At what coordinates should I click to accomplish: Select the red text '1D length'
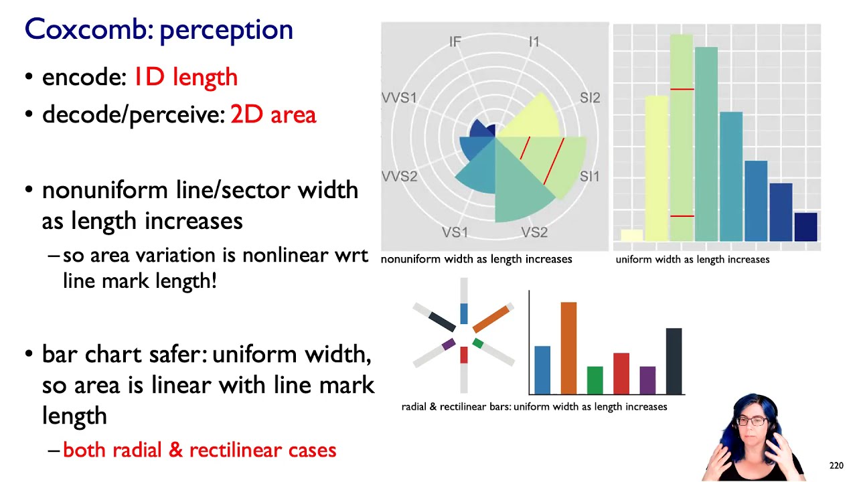(x=185, y=77)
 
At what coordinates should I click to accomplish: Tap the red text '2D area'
(x=272, y=115)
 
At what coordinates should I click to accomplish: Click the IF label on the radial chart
(x=455, y=42)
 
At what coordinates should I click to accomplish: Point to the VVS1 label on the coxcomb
(x=399, y=98)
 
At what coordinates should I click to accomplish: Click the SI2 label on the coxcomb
(x=590, y=98)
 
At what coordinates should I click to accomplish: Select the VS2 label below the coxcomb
(x=534, y=232)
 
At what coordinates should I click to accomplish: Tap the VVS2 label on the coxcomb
(x=400, y=177)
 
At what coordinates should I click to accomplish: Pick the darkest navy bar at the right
(x=805, y=226)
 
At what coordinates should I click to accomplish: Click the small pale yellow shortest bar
(x=631, y=235)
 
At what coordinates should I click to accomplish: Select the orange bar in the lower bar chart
(x=568, y=348)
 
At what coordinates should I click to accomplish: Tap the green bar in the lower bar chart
(x=595, y=380)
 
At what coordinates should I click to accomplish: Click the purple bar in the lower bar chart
(x=647, y=380)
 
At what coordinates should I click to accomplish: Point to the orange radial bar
(x=491, y=319)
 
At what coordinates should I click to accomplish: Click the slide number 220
(x=836, y=465)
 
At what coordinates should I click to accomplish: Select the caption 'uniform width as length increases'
(x=692, y=259)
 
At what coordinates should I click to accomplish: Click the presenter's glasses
(x=753, y=421)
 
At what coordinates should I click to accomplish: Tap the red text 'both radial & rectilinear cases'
(x=200, y=450)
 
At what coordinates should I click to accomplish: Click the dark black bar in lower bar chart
(x=674, y=361)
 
